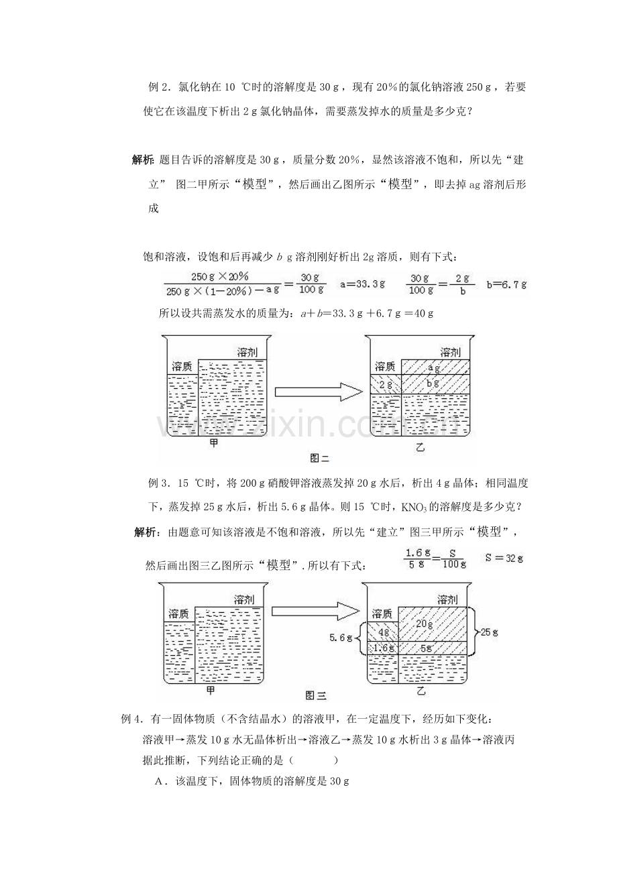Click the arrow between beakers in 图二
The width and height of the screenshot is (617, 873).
coord(319,392)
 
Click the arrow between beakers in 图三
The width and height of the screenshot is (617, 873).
coord(315,612)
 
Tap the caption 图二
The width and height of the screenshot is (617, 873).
coord(320,459)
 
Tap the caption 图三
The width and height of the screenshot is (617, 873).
coord(316,696)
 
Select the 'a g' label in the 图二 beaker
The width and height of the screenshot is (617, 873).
coord(434,367)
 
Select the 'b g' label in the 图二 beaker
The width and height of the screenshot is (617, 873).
coord(433,384)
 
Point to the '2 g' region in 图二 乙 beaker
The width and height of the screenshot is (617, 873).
coord(386,385)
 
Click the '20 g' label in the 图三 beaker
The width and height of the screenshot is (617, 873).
coord(425,624)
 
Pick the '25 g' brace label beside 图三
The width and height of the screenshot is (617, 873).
coord(489,632)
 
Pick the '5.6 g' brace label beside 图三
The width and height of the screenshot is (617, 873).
coord(341,638)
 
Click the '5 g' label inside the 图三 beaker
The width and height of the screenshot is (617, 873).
coord(426,648)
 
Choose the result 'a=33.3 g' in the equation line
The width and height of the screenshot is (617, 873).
coord(362,284)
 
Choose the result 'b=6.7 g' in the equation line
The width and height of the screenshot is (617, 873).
coord(506,284)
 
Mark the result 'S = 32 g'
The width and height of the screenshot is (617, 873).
coord(504,558)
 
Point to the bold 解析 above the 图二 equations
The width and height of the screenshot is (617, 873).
coord(142,160)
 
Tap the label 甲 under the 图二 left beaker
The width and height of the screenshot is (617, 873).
coord(213,443)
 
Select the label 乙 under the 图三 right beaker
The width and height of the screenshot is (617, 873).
coord(420,692)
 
